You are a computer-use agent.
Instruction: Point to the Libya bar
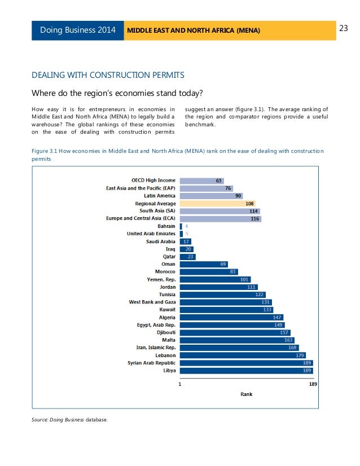point(246,371)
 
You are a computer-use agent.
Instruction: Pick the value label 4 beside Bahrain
point(187,226)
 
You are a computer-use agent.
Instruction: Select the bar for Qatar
point(187,256)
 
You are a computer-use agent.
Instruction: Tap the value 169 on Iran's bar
point(292,348)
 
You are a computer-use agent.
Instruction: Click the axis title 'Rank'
point(246,394)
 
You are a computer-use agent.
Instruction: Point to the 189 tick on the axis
point(313,384)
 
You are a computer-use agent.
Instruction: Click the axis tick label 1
point(180,384)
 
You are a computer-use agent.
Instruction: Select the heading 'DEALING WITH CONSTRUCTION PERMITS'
point(108,74)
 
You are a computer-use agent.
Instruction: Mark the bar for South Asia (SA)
point(220,210)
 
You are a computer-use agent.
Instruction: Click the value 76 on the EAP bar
point(228,188)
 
